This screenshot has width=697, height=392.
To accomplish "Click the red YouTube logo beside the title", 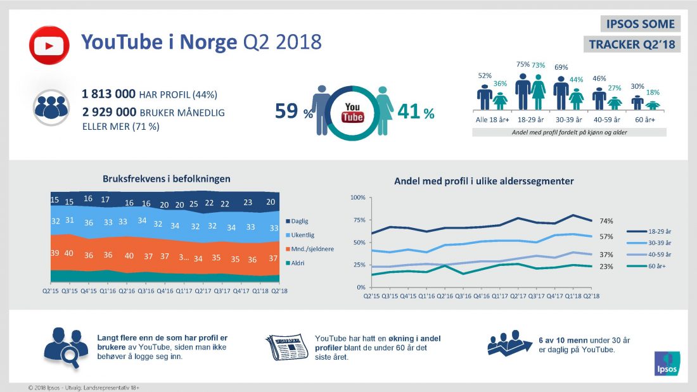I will coord(49,44).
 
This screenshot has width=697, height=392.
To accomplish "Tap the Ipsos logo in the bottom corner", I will coord(667,361).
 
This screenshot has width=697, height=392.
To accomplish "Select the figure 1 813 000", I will coord(108,94).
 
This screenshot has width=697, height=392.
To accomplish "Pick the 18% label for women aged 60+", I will coord(653,92).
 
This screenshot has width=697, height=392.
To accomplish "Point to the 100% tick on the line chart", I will coord(357,198).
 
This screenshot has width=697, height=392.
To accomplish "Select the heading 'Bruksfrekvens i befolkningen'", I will coord(167,179).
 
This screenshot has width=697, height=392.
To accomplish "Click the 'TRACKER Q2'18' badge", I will coord(632,44).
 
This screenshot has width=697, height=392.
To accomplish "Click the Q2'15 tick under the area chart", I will coord(51,291).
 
